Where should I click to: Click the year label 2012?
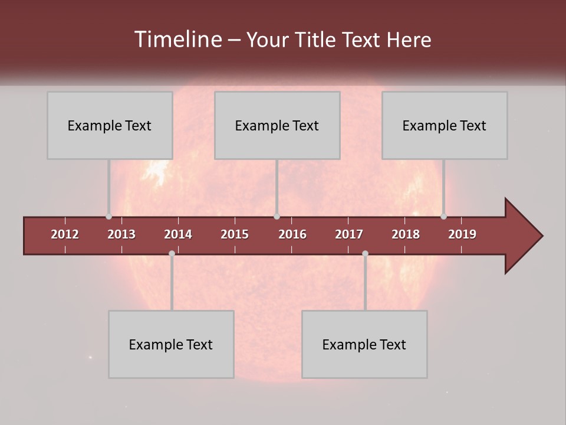click(65, 234)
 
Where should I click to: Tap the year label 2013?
click(121, 234)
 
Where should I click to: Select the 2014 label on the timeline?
click(178, 234)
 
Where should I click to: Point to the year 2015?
click(235, 234)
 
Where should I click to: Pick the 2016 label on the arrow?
click(292, 234)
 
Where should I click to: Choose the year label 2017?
click(349, 234)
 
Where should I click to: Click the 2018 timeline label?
click(406, 234)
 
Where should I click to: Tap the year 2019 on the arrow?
click(462, 234)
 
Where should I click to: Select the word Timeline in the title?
click(177, 40)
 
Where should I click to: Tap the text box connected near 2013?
click(110, 125)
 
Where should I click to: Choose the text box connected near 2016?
click(277, 125)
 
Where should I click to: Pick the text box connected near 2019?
click(445, 125)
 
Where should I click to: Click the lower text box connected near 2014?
click(171, 344)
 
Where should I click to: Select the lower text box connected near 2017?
click(364, 344)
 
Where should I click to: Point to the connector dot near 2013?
click(109, 217)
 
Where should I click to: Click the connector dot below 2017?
click(365, 254)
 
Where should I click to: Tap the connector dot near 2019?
click(443, 217)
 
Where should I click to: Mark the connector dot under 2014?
click(172, 254)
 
